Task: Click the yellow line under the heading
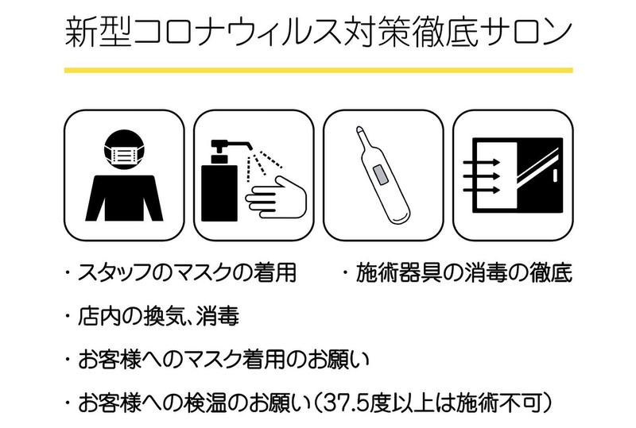(318, 71)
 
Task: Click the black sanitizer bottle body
(216, 191)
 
